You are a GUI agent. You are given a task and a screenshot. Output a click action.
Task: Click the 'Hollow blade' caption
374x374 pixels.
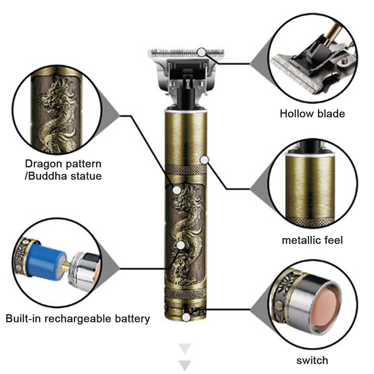pyautogui.click(x=312, y=114)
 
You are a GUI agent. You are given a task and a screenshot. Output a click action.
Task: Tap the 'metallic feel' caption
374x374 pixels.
pyautogui.click(x=312, y=240)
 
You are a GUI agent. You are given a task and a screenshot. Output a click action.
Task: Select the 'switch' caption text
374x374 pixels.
pyautogui.click(x=312, y=360)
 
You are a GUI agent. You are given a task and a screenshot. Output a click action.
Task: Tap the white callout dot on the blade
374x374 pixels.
pyautogui.click(x=202, y=52)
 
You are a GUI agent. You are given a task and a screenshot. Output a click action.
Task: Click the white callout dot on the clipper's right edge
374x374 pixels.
pyautogui.click(x=204, y=159)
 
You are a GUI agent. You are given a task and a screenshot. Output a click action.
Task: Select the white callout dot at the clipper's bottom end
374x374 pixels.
pyautogui.click(x=186, y=317)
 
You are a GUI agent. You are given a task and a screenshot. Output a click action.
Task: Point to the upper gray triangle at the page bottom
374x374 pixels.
pyautogui.click(x=185, y=348)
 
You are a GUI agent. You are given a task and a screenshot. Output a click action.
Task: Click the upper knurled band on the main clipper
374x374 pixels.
pyautogui.click(x=186, y=170)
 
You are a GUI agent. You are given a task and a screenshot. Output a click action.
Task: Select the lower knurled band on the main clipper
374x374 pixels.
pyautogui.click(x=186, y=293)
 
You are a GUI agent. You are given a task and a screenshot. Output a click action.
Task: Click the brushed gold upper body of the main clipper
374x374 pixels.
pyautogui.click(x=186, y=138)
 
